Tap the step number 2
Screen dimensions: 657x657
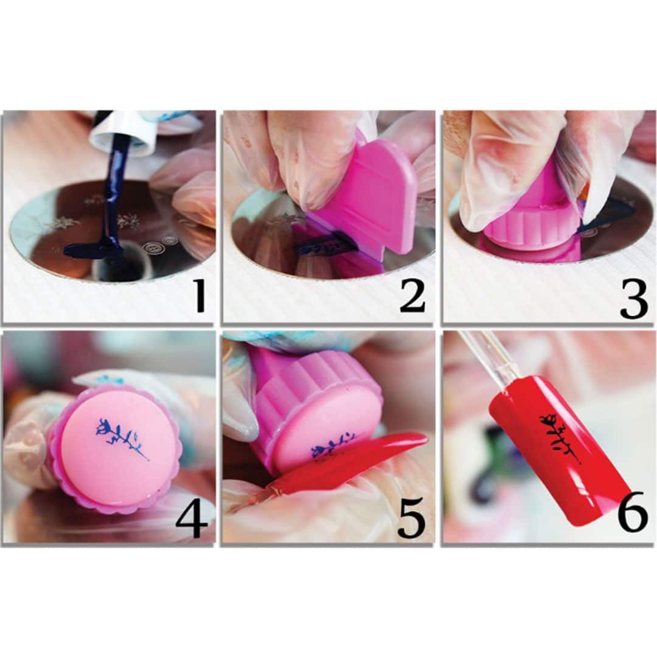point(412,297)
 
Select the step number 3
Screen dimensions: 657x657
point(634,299)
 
